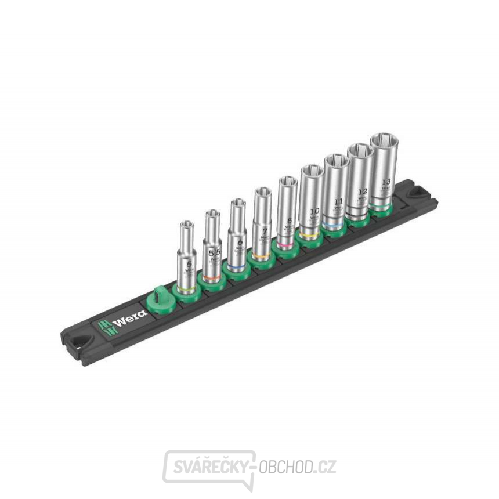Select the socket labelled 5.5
213,244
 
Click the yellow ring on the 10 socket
310,234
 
